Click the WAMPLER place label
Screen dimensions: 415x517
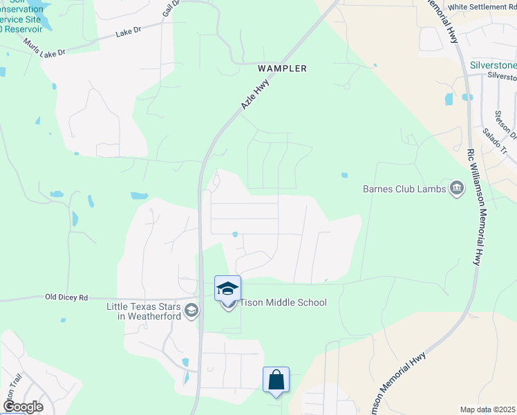coord(281,68)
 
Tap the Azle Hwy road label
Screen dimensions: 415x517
coord(254,93)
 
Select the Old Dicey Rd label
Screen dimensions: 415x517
coord(66,297)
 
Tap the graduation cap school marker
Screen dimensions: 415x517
coord(228,288)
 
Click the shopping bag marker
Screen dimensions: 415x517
coord(276,380)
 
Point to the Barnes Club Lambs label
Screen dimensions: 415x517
coord(404,188)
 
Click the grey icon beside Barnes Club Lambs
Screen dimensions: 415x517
coord(456,188)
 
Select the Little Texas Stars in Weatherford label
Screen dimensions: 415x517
coord(144,311)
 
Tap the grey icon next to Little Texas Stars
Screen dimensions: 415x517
coord(192,311)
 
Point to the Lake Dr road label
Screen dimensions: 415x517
coord(129,33)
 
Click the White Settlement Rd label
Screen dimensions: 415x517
coord(482,7)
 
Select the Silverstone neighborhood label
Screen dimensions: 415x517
coord(493,65)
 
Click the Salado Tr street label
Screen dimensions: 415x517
coord(496,142)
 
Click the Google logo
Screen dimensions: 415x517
coord(23,407)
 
